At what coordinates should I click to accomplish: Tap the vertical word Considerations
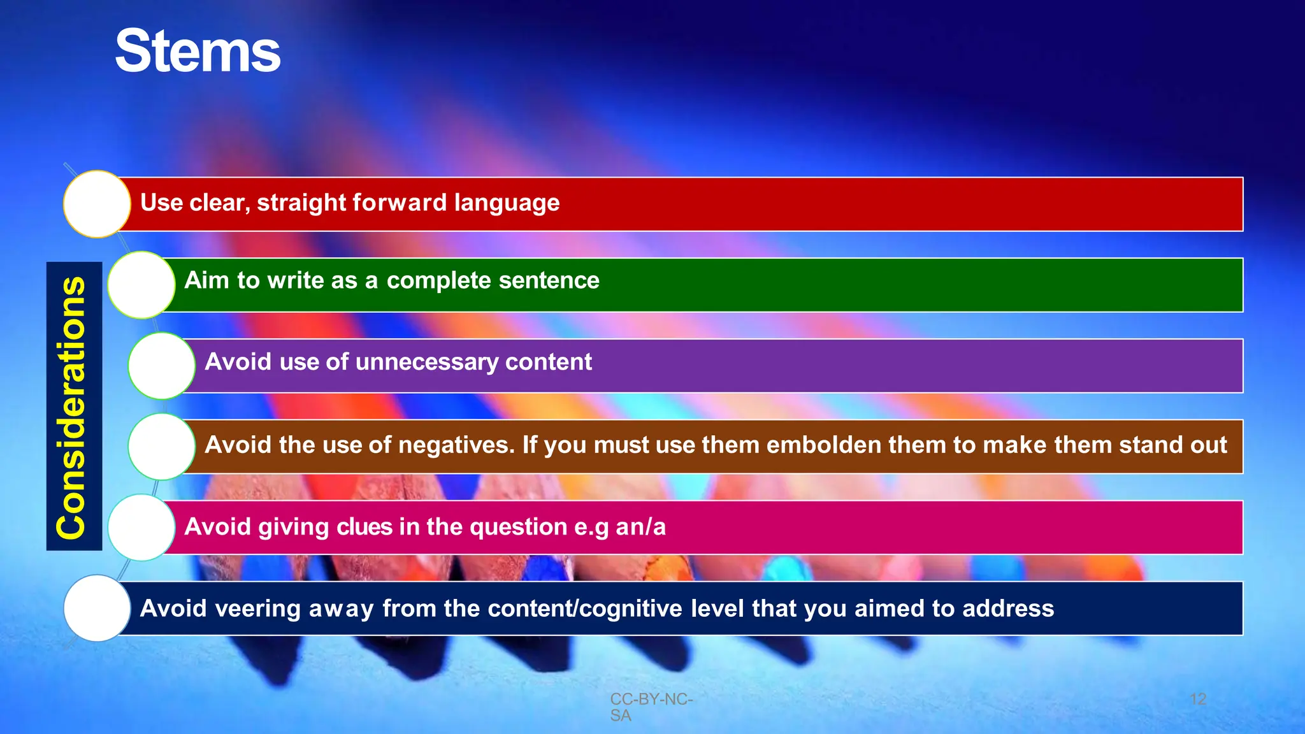coord(72,408)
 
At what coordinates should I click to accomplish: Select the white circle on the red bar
coord(97,204)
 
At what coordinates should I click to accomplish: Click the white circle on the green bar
coord(141,285)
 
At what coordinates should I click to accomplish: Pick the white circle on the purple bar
coord(161,366)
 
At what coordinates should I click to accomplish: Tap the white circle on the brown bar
coord(161,447)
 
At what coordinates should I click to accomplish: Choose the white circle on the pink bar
coord(141,528)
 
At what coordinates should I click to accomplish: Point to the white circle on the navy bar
coord(97,608)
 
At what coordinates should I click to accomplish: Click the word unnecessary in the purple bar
coord(427,363)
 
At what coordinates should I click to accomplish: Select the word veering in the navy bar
coord(258,609)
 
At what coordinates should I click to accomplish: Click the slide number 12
coord(1198,699)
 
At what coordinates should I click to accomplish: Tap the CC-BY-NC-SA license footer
coord(650,707)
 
